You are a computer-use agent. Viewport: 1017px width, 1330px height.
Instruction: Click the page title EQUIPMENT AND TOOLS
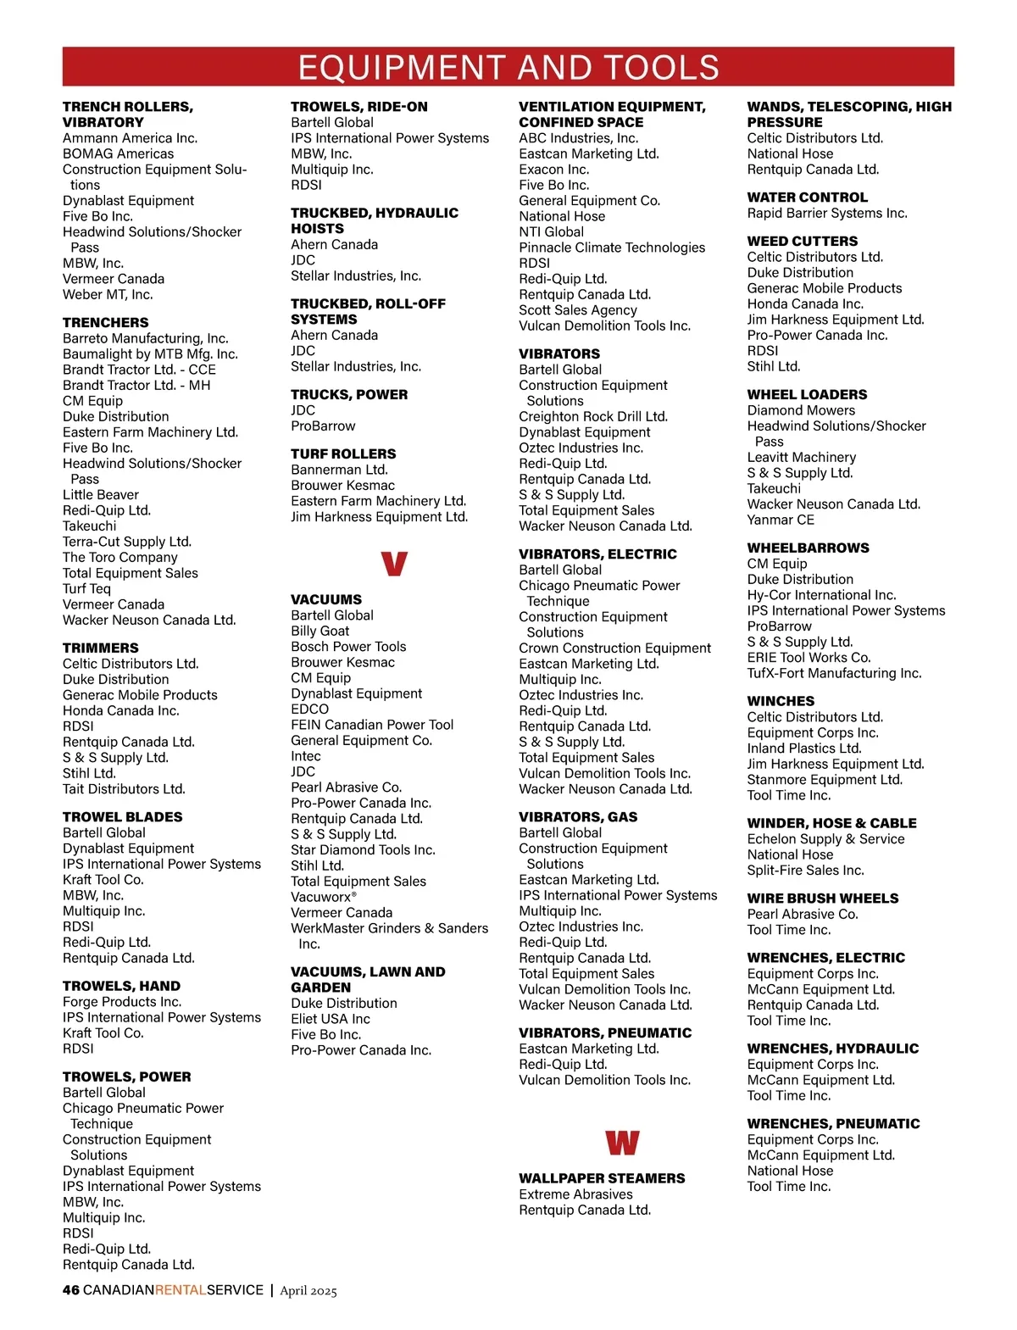(508, 67)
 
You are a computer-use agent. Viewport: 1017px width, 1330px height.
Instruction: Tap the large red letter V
(394, 564)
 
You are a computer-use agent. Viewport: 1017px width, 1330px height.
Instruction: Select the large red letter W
(622, 1143)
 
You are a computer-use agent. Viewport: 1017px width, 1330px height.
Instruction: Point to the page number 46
(71, 1290)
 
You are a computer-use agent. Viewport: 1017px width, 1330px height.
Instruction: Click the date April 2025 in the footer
(308, 1291)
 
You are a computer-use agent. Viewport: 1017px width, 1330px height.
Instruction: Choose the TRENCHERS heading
(105, 323)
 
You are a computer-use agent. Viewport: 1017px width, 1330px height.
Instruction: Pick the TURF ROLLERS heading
(343, 454)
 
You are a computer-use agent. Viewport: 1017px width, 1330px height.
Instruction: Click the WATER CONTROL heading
(807, 198)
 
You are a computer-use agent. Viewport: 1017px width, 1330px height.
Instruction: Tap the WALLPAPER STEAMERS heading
(602, 1178)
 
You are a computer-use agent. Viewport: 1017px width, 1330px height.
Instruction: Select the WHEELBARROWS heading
(808, 548)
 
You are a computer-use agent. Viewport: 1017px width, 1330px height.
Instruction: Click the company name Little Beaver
(101, 495)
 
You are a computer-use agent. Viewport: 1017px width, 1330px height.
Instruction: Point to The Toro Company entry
(120, 558)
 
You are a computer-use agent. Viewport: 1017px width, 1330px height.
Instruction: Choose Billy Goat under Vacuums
(320, 631)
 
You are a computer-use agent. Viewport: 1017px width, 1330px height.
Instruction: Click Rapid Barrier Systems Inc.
(827, 214)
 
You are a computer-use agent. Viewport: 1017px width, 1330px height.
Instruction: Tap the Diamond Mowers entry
(801, 410)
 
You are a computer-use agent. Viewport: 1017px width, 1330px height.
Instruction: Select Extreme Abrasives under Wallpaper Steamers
(575, 1194)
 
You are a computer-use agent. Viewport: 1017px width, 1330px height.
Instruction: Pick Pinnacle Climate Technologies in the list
(612, 248)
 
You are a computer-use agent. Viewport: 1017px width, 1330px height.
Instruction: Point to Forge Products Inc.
(122, 1002)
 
